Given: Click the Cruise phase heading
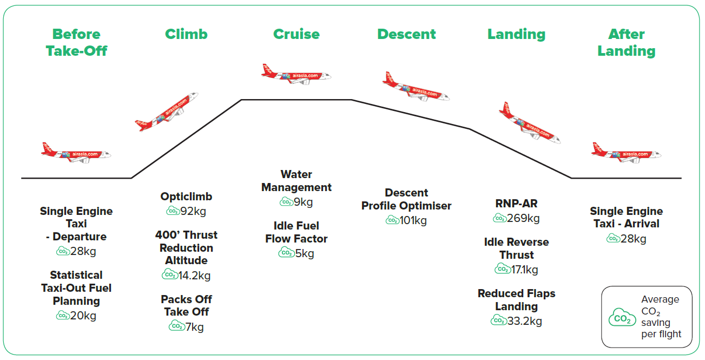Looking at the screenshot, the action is tap(296, 34).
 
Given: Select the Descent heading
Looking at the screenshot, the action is tap(406, 34).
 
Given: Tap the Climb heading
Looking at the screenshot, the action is tap(186, 34).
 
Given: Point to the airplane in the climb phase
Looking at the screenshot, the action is tap(167, 112).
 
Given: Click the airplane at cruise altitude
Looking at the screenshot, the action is tap(296, 75).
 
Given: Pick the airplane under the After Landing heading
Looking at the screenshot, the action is tap(627, 153).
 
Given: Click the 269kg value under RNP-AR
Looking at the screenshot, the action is tap(523, 218).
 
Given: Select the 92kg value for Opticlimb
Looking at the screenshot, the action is tap(193, 211).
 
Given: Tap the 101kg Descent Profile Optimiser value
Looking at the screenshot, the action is tap(413, 220).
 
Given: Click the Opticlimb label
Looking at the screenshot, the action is tap(186, 197).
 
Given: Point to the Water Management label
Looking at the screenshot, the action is tap(296, 181).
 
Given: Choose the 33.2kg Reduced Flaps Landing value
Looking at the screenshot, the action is tap(525, 321).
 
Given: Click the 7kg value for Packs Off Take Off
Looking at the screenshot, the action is tap(194, 327).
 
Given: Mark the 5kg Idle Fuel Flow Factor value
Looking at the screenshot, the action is tap(305, 253).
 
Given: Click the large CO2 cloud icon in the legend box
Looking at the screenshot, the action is tap(622, 317).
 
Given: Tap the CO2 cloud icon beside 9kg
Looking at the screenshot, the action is tap(286, 201).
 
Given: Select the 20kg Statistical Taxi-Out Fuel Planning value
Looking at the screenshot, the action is tap(83, 316).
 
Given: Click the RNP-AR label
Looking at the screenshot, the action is tap(516, 204).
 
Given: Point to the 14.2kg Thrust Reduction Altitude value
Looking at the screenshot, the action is tap(194, 276).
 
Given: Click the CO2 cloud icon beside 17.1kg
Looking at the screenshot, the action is tap(503, 269).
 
